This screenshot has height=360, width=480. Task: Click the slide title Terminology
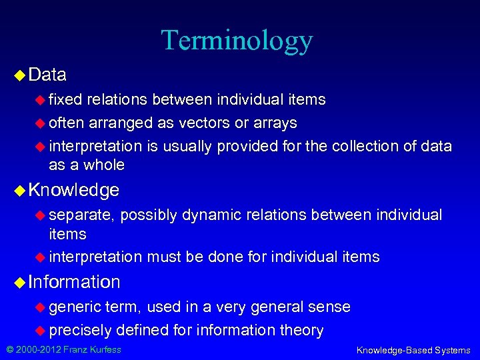coord(237,40)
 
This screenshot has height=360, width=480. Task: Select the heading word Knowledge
coord(73,190)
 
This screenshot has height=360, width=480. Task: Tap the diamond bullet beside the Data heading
coord(19,75)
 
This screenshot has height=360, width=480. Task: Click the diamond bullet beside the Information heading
coord(19,282)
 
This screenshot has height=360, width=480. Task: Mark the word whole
coord(104,165)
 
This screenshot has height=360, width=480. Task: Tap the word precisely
coord(79,329)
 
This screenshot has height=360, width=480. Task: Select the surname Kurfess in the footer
coord(104,349)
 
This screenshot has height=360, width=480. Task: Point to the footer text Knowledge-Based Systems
coord(413,350)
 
